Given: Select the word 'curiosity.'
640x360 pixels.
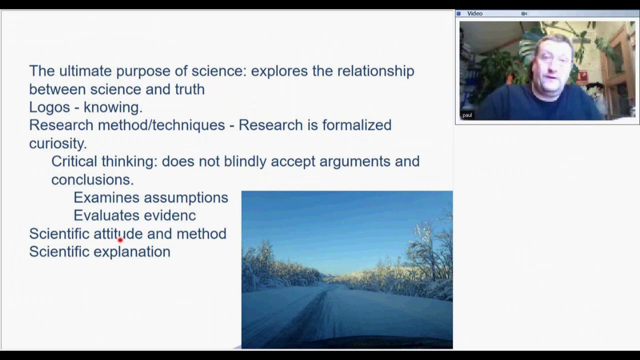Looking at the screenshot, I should (57, 143).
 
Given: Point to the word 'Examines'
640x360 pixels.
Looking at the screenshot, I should (105, 197).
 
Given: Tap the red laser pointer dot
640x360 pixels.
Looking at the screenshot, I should (120, 240).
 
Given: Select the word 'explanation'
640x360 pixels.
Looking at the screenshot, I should (132, 252).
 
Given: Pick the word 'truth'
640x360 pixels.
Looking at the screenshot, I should (189, 89).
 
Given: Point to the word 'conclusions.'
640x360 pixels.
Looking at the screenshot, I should (92, 179).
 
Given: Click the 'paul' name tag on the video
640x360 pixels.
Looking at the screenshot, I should (467, 115).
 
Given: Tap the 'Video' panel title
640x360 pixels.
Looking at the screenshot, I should (474, 13).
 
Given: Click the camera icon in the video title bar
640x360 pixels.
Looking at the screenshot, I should (524, 13).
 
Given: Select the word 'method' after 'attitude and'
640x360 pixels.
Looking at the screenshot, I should (201, 233).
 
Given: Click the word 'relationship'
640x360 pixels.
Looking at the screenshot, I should (375, 71).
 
